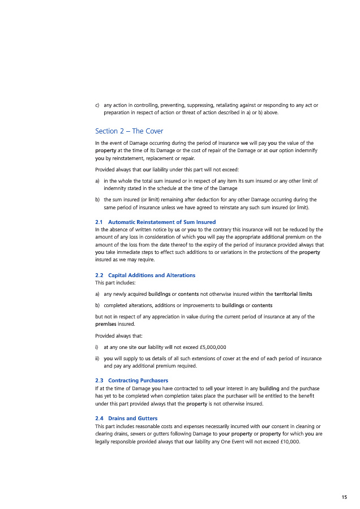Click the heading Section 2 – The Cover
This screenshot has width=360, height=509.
(129, 131)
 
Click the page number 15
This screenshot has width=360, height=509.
(344, 497)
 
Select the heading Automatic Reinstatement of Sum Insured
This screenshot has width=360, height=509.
(161, 222)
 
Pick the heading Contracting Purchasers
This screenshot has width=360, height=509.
(138, 380)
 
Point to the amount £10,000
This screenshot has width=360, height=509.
(289, 442)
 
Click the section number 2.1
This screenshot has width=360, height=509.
(99, 222)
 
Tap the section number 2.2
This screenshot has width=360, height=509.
(99, 275)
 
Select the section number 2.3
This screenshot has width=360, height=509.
(99, 380)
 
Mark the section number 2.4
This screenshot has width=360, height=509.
(99, 418)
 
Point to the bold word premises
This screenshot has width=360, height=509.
(106, 324)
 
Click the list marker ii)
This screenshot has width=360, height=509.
(98, 359)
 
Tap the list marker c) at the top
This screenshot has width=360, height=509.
(97, 105)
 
